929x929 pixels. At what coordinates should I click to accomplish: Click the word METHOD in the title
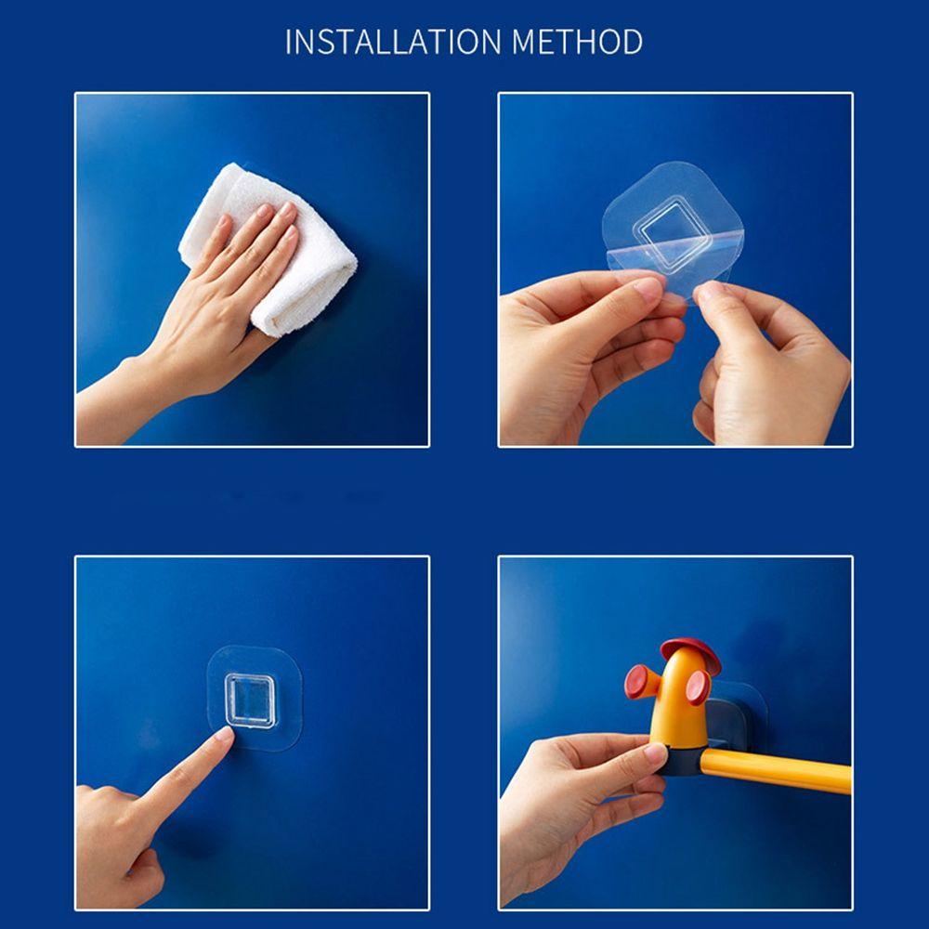tap(577, 43)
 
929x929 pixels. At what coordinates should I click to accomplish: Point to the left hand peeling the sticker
tap(585, 344)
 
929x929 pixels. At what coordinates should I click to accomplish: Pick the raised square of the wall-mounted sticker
tap(249, 700)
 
